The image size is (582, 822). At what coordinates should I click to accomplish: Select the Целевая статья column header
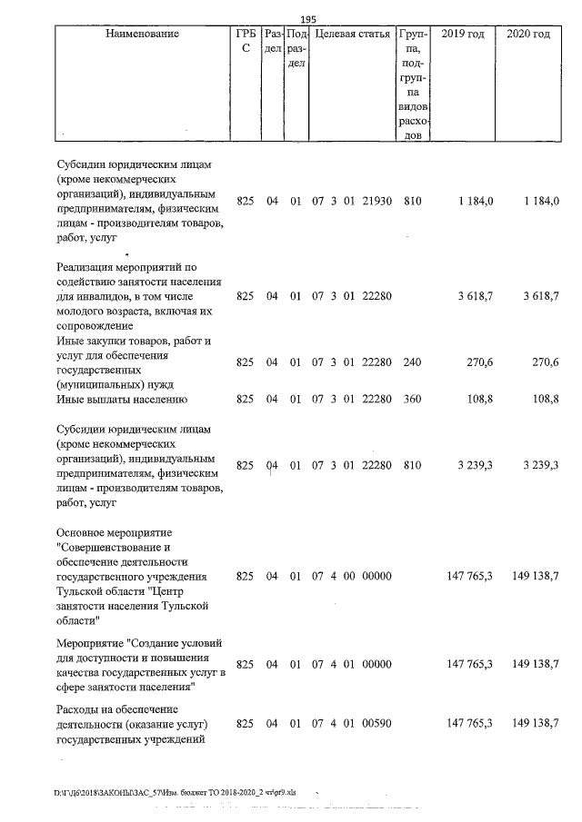pos(352,35)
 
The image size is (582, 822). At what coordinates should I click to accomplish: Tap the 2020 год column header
pos(528,35)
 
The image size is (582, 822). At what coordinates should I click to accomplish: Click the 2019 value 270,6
pos(478,362)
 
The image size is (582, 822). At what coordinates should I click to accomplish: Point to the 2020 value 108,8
pos(544,399)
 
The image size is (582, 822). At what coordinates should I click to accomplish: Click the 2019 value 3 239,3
pos(470,465)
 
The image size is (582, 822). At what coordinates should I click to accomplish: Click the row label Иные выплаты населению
pos(122,399)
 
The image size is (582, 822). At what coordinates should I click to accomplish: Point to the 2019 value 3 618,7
pos(470,296)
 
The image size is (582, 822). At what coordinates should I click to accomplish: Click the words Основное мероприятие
pos(115,531)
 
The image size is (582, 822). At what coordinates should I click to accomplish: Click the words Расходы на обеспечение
pos(118,708)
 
